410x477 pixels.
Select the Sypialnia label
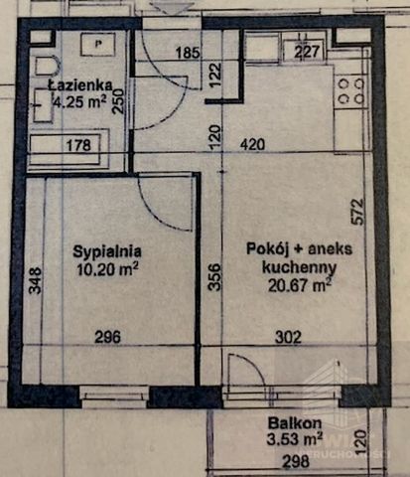107,251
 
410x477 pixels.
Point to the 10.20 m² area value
107,267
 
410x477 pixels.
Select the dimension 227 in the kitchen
308,52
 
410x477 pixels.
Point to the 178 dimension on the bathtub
78,146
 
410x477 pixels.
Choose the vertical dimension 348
35,279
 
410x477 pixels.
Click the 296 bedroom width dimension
107,337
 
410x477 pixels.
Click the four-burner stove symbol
350,91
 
